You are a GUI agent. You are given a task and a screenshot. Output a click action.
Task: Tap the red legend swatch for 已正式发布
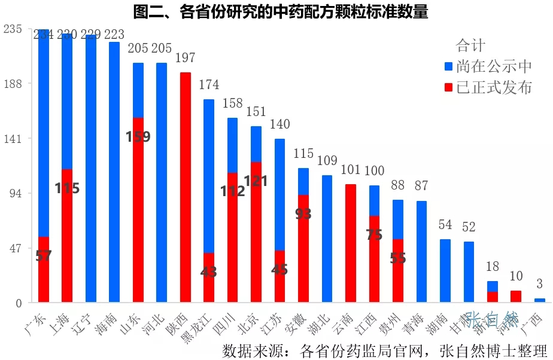click(x=449, y=87)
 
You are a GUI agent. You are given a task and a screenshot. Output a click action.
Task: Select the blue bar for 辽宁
click(x=91, y=168)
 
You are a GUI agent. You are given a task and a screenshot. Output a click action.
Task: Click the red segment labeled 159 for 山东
click(x=138, y=209)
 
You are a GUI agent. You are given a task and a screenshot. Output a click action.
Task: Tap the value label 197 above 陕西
click(x=186, y=57)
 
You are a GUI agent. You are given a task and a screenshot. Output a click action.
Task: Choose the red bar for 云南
click(x=351, y=243)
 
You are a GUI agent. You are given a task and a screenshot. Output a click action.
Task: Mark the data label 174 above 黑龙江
click(x=209, y=84)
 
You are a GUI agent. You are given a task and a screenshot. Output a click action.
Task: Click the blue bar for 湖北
click(x=327, y=239)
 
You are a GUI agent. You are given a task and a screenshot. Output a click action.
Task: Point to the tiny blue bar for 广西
click(x=540, y=300)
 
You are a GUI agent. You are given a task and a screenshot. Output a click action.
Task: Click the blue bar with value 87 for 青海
click(x=422, y=251)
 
